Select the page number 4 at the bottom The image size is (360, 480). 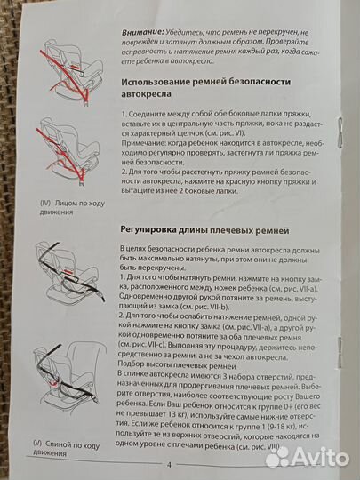pyautogui.click(x=168, y=463)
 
